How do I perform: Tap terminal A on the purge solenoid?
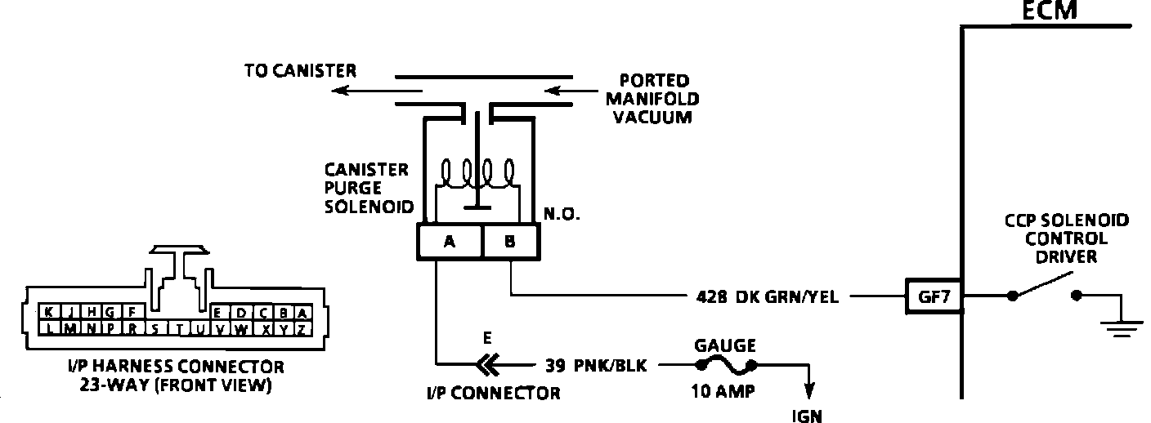click(449, 241)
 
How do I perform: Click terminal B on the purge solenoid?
click(511, 241)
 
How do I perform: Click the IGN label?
click(808, 416)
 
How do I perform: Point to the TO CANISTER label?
click(300, 71)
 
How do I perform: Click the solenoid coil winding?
click(479, 174)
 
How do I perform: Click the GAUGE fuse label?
click(724, 345)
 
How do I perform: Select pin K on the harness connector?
click(49, 312)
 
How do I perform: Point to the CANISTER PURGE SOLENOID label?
click(365, 187)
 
